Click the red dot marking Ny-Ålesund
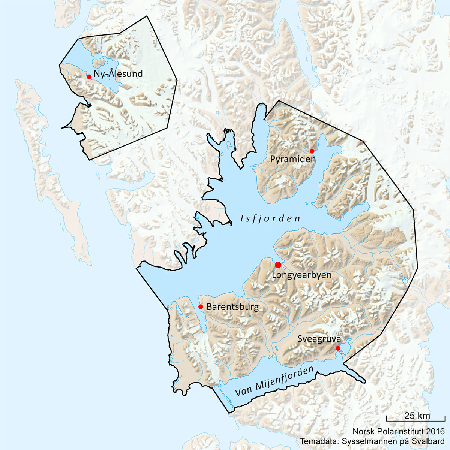pyautogui.click(x=89, y=77)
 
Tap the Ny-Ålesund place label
pyautogui.click(x=118, y=74)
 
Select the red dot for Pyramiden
pyautogui.click(x=312, y=151)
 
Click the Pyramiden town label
pyautogui.click(x=293, y=159)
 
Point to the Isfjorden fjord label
pyautogui.click(x=270, y=218)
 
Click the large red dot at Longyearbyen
pyautogui.click(x=278, y=265)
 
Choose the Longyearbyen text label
pyautogui.click(x=302, y=275)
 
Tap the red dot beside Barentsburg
pyautogui.click(x=201, y=306)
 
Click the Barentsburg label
pyautogui.click(x=232, y=307)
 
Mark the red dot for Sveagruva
pyautogui.click(x=338, y=348)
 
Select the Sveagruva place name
pyautogui.click(x=319, y=339)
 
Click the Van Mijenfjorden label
pyautogui.click(x=274, y=383)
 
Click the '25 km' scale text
pyautogui.click(x=417, y=416)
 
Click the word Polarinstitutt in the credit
pyautogui.click(x=400, y=432)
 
